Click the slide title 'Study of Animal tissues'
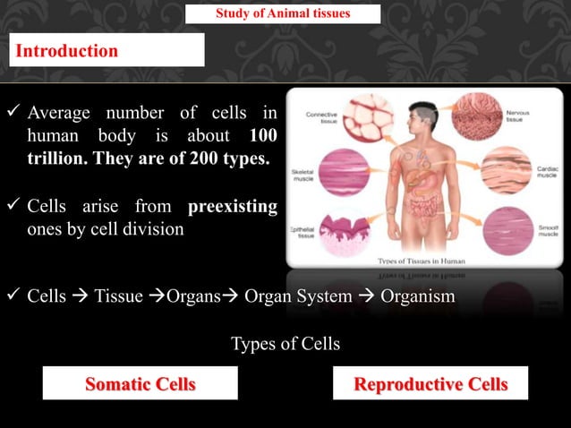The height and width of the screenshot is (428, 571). click(x=283, y=13)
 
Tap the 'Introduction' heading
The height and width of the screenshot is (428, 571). click(x=66, y=51)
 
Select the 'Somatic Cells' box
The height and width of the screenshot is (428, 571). click(x=140, y=384)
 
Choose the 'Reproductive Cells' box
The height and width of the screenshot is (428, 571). click(x=430, y=384)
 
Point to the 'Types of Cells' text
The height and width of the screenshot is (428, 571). click(x=285, y=344)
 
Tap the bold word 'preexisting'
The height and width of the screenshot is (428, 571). click(x=233, y=208)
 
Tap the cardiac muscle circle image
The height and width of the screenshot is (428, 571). click(x=506, y=173)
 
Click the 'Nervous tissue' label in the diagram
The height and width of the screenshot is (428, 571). click(x=545, y=117)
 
